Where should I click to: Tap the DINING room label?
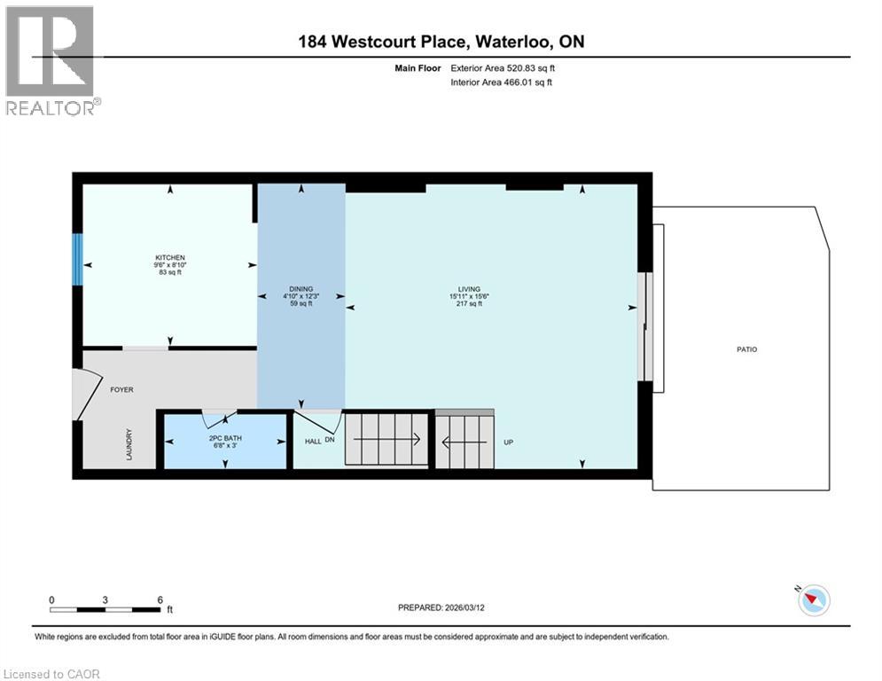(301, 288)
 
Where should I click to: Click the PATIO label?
(746, 349)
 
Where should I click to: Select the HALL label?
(313, 441)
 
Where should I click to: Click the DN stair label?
(331, 441)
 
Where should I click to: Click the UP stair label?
(509, 441)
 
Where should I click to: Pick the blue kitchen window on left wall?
(77, 259)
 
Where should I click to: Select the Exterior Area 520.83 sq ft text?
(503, 67)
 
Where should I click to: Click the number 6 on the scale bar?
(160, 599)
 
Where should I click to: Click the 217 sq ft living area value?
(469, 303)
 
